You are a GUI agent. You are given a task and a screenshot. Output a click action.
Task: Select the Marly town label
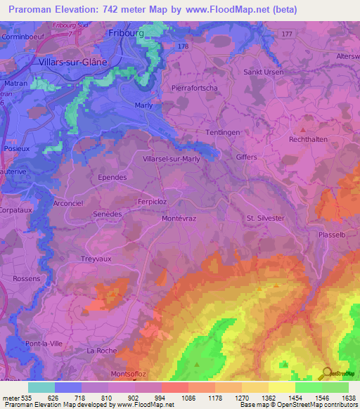point(143,105)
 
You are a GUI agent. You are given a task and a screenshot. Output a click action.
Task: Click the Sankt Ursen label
point(264,72)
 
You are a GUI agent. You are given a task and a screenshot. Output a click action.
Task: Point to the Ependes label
point(112,177)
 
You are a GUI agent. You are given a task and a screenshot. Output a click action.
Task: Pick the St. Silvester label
point(265,218)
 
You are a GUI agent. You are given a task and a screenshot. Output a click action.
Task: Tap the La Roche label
point(101,350)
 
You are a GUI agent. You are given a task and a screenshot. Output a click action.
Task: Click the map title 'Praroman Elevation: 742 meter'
point(90,9)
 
